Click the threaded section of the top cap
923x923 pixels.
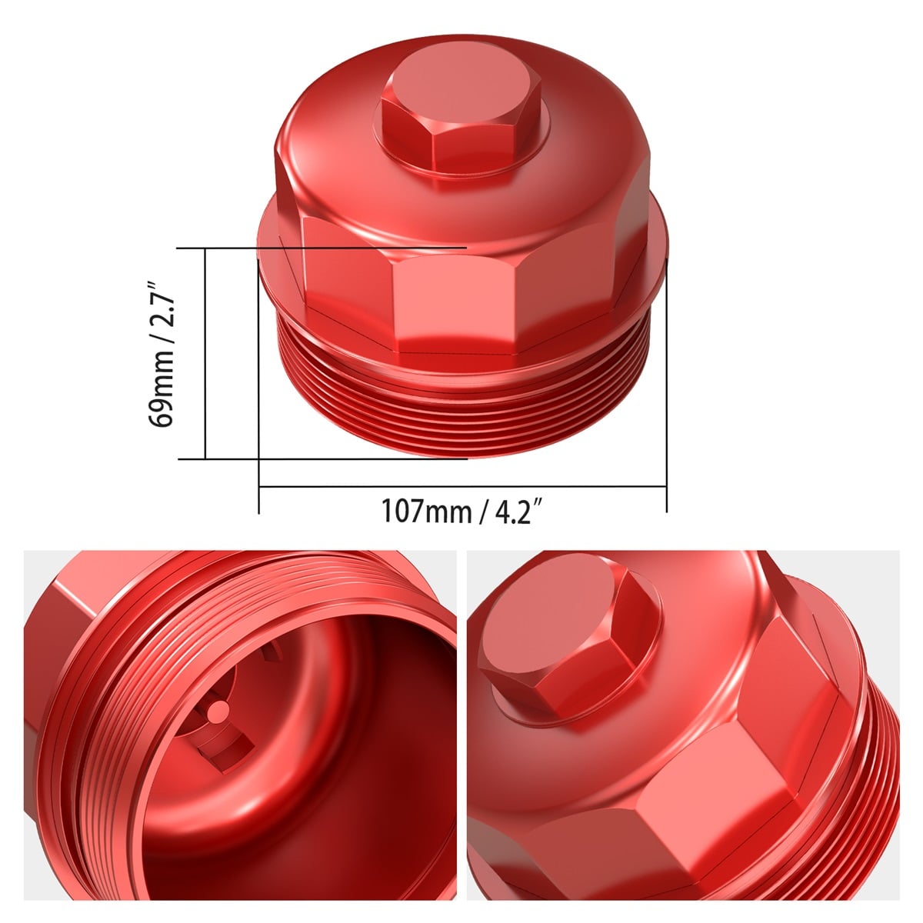click(x=461, y=408)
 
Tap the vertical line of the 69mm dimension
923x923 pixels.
click(x=206, y=354)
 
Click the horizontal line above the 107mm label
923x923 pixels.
click(x=461, y=486)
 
